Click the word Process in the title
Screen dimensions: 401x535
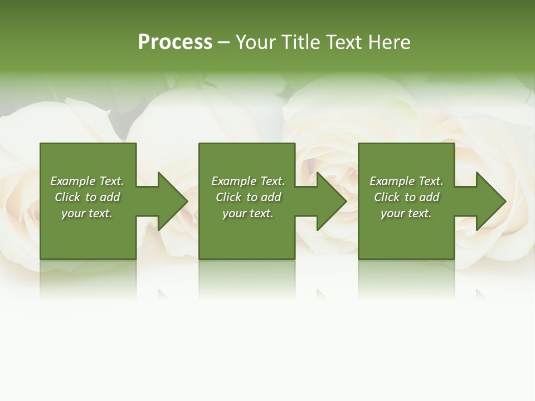(x=175, y=42)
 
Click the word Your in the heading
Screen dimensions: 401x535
(x=257, y=42)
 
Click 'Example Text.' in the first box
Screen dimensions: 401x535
(x=87, y=181)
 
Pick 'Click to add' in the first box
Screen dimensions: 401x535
(x=87, y=197)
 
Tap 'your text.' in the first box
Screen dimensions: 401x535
(x=87, y=213)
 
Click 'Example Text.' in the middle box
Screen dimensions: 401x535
(x=248, y=181)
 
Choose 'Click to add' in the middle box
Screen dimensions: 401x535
(x=248, y=197)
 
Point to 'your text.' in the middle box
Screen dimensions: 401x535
(x=248, y=213)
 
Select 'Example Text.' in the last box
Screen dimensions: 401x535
(x=406, y=181)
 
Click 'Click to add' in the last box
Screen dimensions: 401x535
(x=406, y=197)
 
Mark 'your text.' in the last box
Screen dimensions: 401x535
(x=406, y=213)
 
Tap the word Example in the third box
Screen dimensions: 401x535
(x=392, y=181)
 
